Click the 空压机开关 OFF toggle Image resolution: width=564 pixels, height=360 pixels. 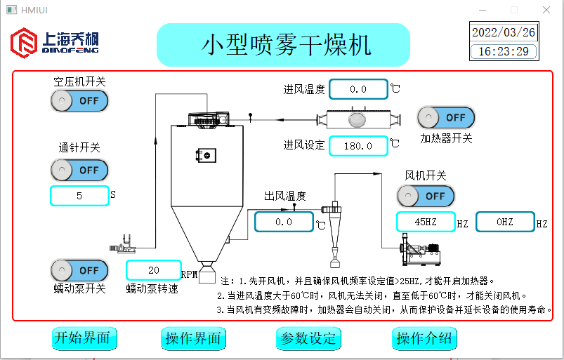coord(79,100)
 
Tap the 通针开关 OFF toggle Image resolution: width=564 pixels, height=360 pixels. coord(79,170)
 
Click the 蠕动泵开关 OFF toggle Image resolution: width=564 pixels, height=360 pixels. coord(79,270)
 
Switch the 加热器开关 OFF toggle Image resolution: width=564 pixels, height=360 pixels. coord(446,118)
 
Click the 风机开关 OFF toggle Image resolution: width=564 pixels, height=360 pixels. coord(426,196)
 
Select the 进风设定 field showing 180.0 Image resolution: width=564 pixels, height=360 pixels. coord(358,146)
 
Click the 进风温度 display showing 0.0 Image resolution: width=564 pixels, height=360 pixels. coord(358,89)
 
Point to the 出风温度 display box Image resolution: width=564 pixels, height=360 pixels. coord(284,222)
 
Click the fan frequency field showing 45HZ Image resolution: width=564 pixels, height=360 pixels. coord(426,222)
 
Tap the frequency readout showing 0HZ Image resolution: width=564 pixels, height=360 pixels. coord(505,222)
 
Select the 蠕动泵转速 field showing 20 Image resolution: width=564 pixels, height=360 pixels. coord(154,270)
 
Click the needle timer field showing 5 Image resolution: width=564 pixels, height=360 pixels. coord(79,196)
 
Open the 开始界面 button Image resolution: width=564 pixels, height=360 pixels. coord(84,338)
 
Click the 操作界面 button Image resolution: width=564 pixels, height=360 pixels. coord(193,338)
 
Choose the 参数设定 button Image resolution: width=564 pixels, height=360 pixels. coord(309,338)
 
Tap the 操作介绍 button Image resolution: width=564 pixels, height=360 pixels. coord(424,338)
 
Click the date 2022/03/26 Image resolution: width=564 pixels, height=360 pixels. coord(503,32)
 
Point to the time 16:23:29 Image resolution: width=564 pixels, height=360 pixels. coord(503,51)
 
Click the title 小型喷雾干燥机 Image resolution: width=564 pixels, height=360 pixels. coord(283,45)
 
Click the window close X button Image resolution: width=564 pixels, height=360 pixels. coord(546,10)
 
